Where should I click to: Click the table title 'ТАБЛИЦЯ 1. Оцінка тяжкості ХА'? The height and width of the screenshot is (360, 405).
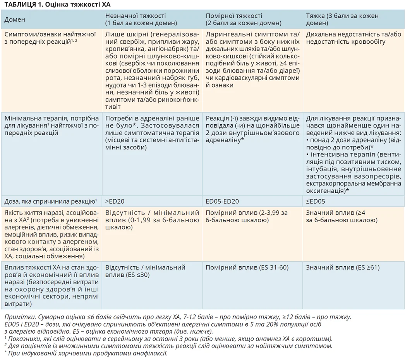pos(58,4)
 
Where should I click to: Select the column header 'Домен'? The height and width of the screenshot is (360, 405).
pos(15,20)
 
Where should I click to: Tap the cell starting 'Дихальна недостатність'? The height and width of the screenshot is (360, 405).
pos(353,38)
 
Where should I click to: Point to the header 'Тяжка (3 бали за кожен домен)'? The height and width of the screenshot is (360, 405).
pos(342,20)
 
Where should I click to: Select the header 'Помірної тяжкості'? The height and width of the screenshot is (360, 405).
pos(234,16)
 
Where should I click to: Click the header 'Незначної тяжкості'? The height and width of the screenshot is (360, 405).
pos(136,16)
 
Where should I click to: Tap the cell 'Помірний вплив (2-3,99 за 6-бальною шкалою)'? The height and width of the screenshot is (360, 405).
pos(247,216)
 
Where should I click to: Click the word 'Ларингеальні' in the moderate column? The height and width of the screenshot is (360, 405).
pos(225,34)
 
